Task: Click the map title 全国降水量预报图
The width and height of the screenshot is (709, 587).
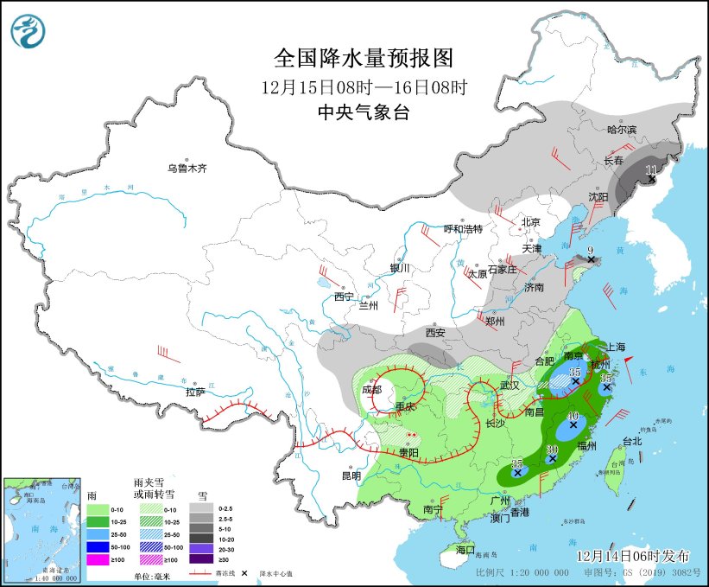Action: click(x=364, y=59)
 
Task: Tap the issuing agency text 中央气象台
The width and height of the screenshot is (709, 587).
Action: click(x=364, y=112)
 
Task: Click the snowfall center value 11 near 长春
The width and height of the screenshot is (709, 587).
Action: click(x=651, y=169)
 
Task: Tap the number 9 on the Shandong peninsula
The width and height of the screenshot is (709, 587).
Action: click(x=591, y=252)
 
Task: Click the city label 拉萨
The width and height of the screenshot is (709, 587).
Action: click(x=196, y=392)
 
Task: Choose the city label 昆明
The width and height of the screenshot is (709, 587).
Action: click(x=351, y=475)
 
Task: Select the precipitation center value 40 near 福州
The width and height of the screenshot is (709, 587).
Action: click(x=573, y=416)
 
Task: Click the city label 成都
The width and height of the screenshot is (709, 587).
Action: click(x=371, y=389)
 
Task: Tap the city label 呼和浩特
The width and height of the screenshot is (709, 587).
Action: click(x=463, y=229)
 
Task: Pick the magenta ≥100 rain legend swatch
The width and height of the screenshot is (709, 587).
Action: click(x=97, y=559)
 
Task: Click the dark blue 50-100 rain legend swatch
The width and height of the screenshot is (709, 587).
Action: click(x=97, y=547)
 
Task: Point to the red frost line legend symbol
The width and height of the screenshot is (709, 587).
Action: click(x=201, y=572)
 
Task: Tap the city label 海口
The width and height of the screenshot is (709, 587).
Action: click(x=466, y=550)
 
